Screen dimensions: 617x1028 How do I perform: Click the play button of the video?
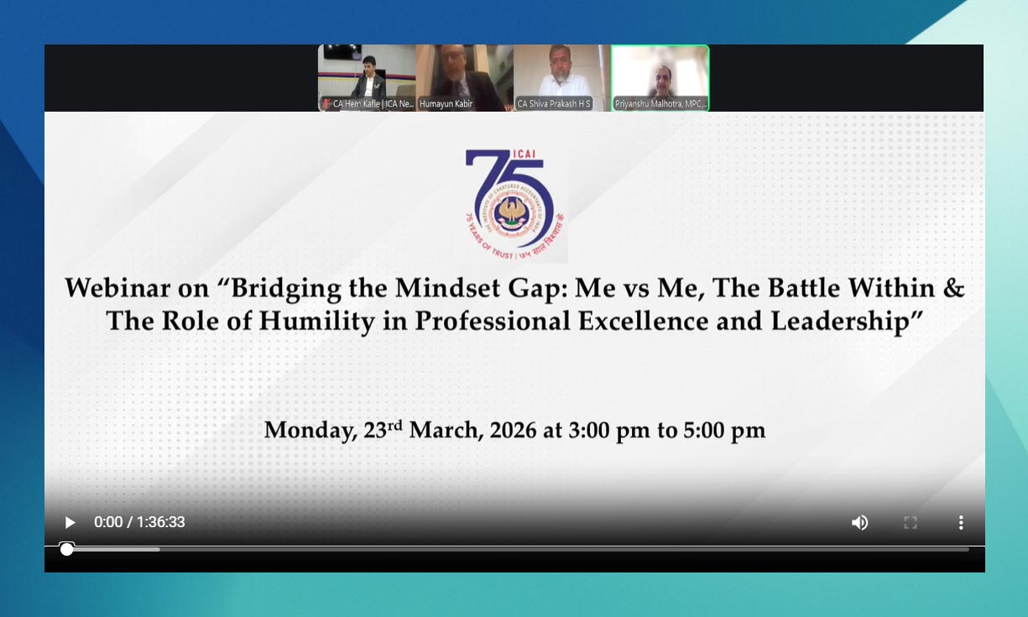[70, 522]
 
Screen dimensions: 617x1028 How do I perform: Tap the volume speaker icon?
[859, 522]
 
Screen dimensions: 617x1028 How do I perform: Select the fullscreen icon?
[911, 522]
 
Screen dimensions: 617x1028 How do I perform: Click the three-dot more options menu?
[961, 522]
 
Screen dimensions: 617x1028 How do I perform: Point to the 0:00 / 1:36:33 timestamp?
[139, 522]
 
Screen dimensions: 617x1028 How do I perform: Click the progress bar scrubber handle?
[66, 549]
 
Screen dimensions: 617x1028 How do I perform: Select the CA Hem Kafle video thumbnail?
[367, 78]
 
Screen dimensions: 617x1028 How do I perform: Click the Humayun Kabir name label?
[446, 104]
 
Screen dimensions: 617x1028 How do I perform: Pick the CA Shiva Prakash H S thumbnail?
[561, 78]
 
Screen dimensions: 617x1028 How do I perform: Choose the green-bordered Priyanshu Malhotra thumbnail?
[660, 78]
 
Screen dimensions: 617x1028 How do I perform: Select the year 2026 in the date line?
[513, 431]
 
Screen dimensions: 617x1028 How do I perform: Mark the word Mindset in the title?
[461, 288]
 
